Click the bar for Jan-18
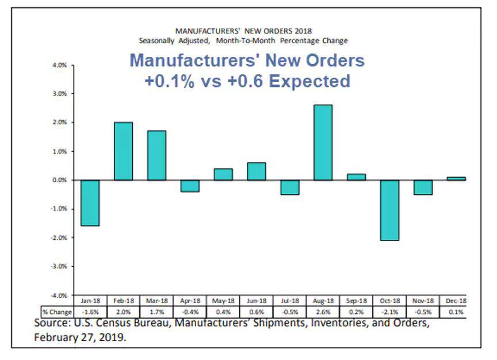pos(90,202)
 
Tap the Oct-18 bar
pos(389,210)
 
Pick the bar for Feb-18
pos(123,151)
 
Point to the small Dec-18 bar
pos(456,178)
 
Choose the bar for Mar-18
pos(156,155)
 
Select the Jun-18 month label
pos(256,300)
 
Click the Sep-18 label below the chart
pos(356,300)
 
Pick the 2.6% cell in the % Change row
pos(323,311)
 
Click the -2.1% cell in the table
pos(389,311)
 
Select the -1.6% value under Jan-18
pos(90,311)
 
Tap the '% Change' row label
pos(58,311)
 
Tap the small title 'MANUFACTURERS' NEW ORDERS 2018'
pos(243,30)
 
